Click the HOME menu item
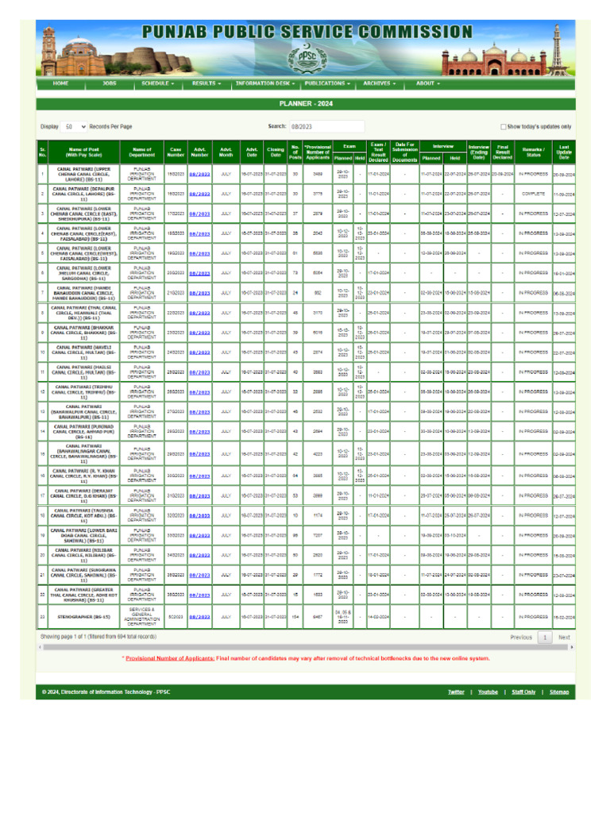point(60,83)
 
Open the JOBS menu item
point(109,83)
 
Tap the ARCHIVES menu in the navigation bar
point(379,83)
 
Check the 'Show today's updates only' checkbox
point(504,126)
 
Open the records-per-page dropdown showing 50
point(76,126)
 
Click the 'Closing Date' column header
point(275,152)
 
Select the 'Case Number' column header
point(176,152)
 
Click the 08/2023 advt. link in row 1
point(199,174)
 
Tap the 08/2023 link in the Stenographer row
point(199,615)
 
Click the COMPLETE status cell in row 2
point(533,194)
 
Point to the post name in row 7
point(83,292)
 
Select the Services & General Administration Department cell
point(141,615)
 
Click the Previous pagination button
point(521,637)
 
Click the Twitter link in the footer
point(455,692)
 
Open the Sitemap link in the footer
point(559,692)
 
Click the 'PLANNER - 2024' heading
point(305,103)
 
